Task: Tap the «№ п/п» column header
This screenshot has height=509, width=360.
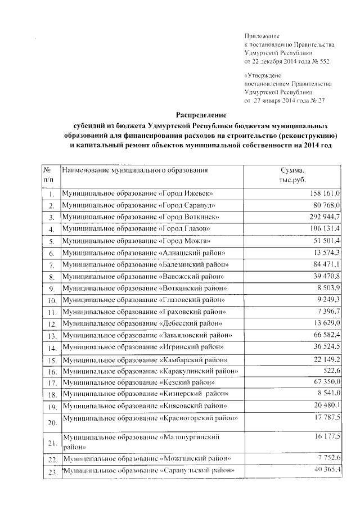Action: (48, 174)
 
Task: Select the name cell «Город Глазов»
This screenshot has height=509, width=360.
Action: (137, 229)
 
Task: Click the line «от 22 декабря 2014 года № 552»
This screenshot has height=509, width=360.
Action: (286, 61)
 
